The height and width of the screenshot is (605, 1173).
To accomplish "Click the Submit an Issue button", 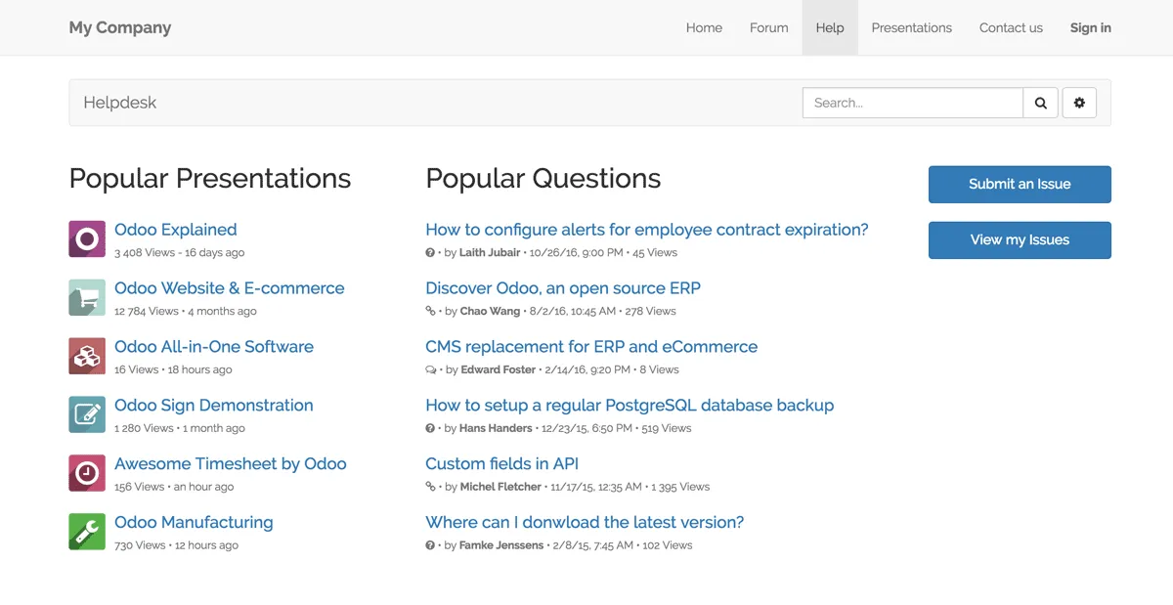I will pyautogui.click(x=1020, y=184).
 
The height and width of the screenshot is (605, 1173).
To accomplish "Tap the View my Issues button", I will pyautogui.click(x=1020, y=239).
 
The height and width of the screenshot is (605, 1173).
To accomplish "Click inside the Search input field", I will pyautogui.click(x=912, y=103).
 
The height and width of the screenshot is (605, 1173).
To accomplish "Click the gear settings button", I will pyautogui.click(x=1079, y=103).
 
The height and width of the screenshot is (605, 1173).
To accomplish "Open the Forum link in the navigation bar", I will pyautogui.click(x=768, y=27).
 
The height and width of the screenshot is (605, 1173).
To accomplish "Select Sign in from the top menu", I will pyautogui.click(x=1090, y=27).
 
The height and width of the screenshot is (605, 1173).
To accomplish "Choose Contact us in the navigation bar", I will pyautogui.click(x=1011, y=27).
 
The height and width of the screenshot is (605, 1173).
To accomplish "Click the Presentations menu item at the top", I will pyautogui.click(x=911, y=27).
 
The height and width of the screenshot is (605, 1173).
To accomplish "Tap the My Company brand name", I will pyautogui.click(x=120, y=27).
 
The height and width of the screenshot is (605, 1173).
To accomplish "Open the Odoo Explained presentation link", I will pyautogui.click(x=176, y=230).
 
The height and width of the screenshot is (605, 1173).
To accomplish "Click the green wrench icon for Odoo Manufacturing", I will pyautogui.click(x=87, y=532).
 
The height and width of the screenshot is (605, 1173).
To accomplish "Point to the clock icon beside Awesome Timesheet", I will pyautogui.click(x=87, y=473).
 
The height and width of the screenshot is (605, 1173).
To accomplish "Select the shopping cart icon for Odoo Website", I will pyautogui.click(x=87, y=297).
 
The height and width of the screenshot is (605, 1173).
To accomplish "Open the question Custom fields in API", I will pyautogui.click(x=501, y=463).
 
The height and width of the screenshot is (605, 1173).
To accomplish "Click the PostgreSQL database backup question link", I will pyautogui.click(x=630, y=405).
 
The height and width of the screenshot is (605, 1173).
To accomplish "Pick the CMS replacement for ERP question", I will pyautogui.click(x=591, y=346).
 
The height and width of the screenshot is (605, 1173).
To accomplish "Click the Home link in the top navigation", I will pyautogui.click(x=704, y=27).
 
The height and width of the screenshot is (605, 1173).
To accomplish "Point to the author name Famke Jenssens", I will pyautogui.click(x=501, y=545).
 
